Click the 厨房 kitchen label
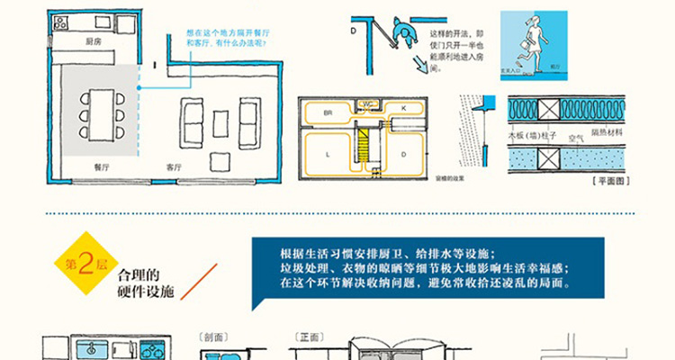point(92,40)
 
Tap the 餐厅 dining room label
point(101,166)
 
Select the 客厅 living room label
point(174,166)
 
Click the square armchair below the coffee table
point(218,160)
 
